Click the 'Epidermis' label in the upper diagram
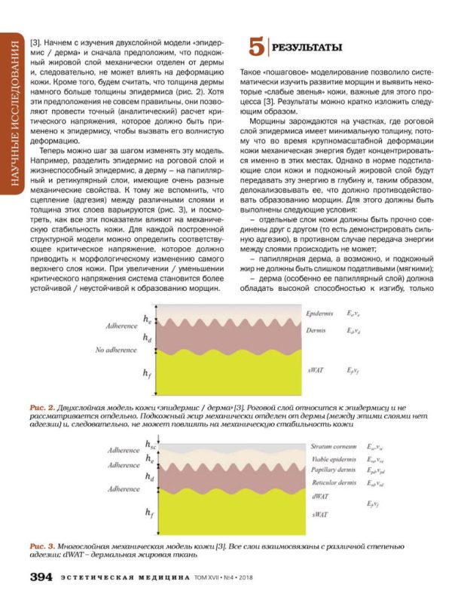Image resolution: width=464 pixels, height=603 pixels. [x=322, y=312]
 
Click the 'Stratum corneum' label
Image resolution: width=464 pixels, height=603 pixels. [x=332, y=446]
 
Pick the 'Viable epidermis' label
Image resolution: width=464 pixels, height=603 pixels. [x=333, y=458]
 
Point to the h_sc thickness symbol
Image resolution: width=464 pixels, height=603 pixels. [x=151, y=443]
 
